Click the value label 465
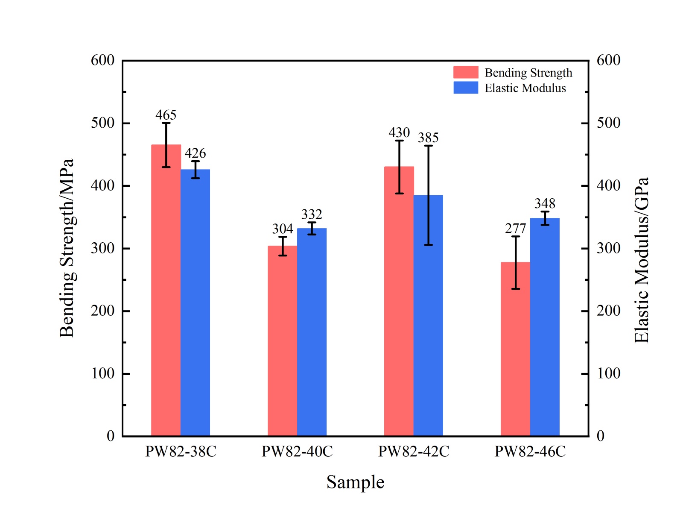[x=166, y=115]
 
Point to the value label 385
[x=428, y=138]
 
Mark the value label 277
[x=515, y=229]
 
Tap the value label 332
[x=312, y=214]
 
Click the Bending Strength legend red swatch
[x=466, y=72]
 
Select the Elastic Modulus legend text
[x=525, y=88]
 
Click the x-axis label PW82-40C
[x=297, y=451]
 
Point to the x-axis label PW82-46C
[x=530, y=451]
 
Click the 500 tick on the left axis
[x=102, y=123]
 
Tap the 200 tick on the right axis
[x=608, y=311]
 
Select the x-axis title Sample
[x=355, y=482]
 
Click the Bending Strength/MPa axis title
[x=67, y=248]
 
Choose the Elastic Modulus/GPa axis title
[x=641, y=260]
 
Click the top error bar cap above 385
[x=428, y=146]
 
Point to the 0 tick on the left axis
[x=111, y=436]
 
